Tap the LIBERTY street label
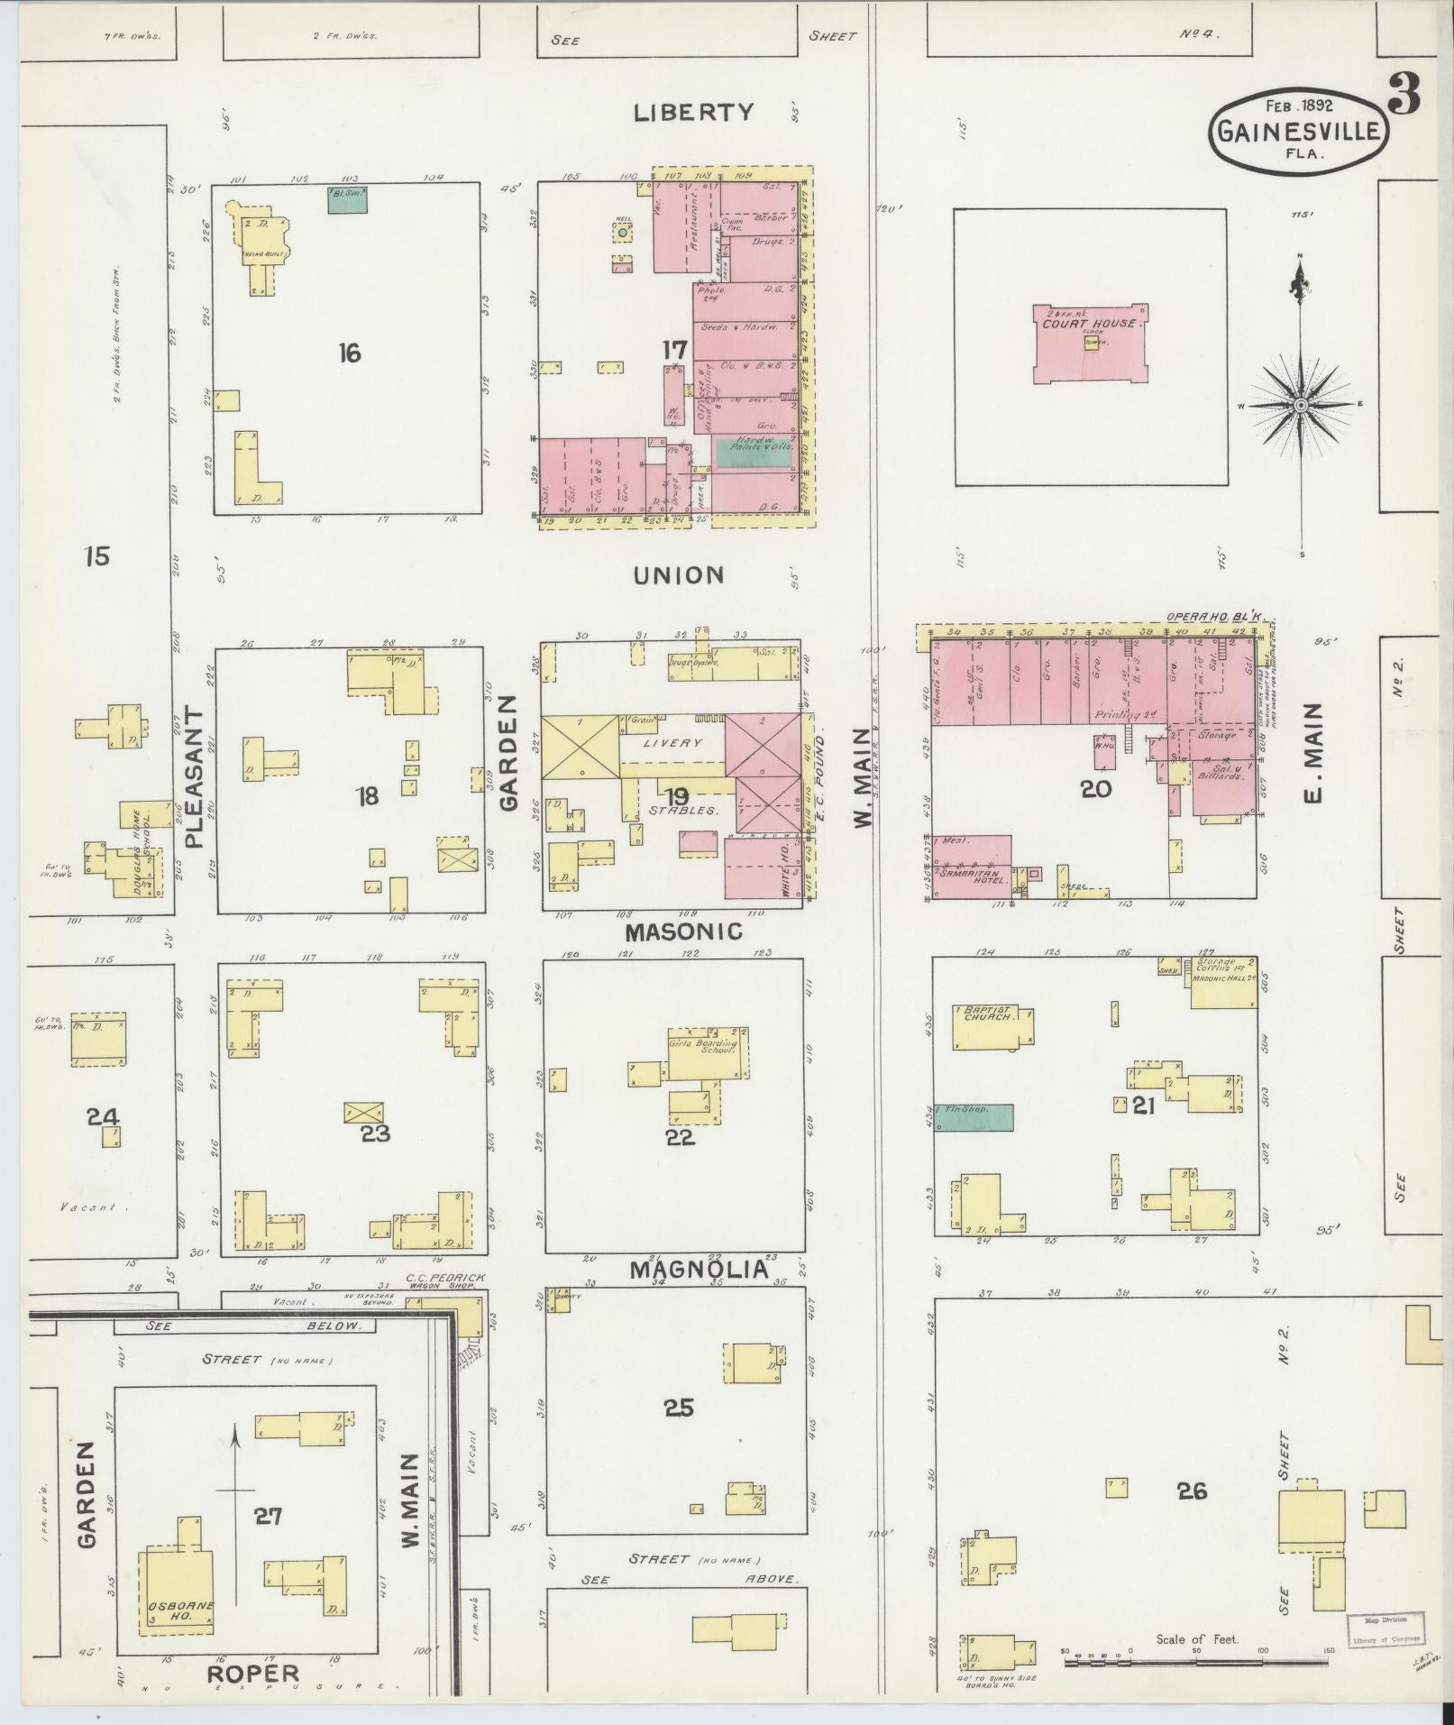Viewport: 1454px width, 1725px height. pos(693,113)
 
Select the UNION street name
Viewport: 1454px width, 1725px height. pos(679,574)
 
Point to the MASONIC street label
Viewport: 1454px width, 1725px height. pos(684,931)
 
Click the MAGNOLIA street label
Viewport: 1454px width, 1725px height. pos(700,1271)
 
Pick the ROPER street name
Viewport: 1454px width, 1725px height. pos(253,1674)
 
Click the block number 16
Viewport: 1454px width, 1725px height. pos(349,353)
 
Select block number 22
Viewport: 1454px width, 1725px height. pos(680,1137)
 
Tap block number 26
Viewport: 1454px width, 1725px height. pos(1191,1491)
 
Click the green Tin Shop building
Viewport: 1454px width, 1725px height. pos(974,1117)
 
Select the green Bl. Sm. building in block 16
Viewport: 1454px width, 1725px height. pos(347,199)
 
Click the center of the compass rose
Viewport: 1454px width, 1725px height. pos(1301,406)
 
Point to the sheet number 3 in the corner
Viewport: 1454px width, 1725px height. pos(1404,95)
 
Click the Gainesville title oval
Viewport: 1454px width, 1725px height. pos(1299,129)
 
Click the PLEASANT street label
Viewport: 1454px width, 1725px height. pos(196,777)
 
